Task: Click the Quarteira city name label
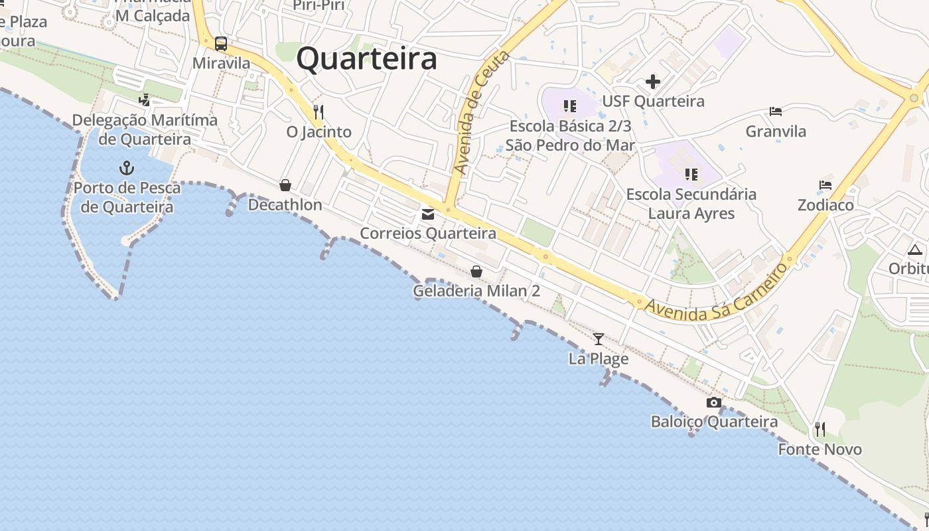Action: (x=366, y=58)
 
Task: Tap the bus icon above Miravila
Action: (x=221, y=44)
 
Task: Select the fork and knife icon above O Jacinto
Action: (x=319, y=112)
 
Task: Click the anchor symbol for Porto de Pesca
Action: (x=126, y=167)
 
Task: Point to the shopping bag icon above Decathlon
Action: (x=285, y=185)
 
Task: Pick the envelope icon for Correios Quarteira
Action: (x=428, y=214)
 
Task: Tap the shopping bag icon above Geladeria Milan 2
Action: (x=476, y=271)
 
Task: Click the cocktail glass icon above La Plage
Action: (x=599, y=339)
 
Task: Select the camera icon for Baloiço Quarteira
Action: (x=714, y=402)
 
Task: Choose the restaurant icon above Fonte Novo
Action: (x=820, y=429)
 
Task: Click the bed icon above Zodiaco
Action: (x=825, y=185)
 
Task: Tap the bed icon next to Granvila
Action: (x=776, y=111)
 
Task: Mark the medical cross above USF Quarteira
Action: (x=653, y=82)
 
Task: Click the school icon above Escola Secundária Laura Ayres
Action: (x=691, y=175)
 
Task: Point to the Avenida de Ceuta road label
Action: (x=482, y=113)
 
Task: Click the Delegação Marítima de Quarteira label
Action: (x=145, y=129)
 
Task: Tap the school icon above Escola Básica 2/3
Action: (x=570, y=106)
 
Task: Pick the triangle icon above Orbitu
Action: (x=915, y=250)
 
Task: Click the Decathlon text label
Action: (x=285, y=204)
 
